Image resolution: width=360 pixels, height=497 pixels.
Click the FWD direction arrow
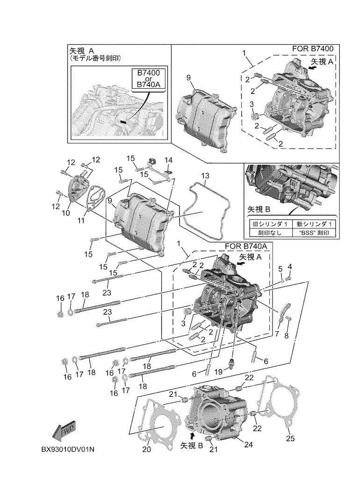tap(64, 432)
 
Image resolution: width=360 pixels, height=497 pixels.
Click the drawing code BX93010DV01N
tap(68, 449)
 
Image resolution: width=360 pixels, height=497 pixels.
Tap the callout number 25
tap(290, 438)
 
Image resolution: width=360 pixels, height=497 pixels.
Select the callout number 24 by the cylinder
tap(248, 445)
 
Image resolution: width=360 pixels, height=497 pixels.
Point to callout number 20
tap(146, 449)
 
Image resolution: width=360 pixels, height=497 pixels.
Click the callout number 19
tap(218, 372)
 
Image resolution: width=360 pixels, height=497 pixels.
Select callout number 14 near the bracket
tap(168, 160)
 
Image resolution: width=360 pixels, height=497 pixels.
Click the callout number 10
tap(65, 213)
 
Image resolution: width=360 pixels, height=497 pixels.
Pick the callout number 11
tap(81, 220)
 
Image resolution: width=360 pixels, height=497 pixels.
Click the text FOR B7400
tap(313, 49)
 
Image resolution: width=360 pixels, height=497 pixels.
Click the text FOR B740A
tap(246, 246)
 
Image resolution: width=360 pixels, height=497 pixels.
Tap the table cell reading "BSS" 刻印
tap(313, 233)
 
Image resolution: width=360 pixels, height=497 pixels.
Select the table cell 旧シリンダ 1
tap(270, 224)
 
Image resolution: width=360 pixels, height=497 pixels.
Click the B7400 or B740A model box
tap(148, 78)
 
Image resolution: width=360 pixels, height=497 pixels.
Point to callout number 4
tap(289, 267)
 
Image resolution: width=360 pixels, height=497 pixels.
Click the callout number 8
tap(287, 336)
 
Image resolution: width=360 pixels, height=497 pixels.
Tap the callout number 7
tap(277, 334)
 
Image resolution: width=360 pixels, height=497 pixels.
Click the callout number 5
tap(281, 269)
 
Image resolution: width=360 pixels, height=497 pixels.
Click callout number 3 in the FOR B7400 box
tap(252, 104)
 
